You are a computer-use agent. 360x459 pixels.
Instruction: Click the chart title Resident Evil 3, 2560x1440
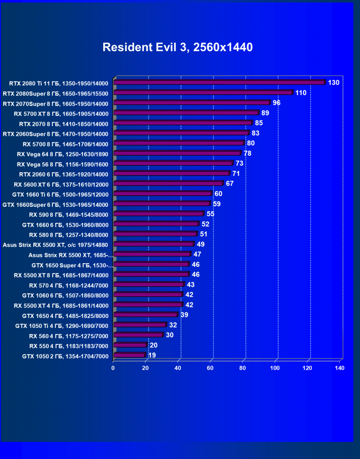pyautogui.click(x=178, y=47)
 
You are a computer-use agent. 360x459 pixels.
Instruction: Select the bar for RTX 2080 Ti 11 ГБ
pyautogui.click(x=219, y=83)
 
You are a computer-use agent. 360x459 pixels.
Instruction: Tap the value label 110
pyautogui.click(x=301, y=93)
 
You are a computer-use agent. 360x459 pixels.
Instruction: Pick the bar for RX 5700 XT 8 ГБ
pyautogui.click(x=186, y=113)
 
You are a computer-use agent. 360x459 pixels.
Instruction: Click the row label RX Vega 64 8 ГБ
pyautogui.click(x=63, y=154)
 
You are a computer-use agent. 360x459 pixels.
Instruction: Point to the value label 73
pyautogui.click(x=240, y=163)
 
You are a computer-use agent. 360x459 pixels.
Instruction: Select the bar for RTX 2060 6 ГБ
pyautogui.click(x=171, y=174)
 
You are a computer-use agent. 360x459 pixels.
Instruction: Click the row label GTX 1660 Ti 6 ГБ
pyautogui.click(x=61, y=194)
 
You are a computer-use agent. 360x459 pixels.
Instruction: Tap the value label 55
pyautogui.click(x=210, y=214)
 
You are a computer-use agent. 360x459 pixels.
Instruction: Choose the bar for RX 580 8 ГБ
pyautogui.click(x=155, y=234)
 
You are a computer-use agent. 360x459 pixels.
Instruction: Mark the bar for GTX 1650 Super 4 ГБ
pyautogui.click(x=152, y=265)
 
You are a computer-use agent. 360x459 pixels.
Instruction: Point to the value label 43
pyautogui.click(x=191, y=284)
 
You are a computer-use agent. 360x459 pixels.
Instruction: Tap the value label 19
pyautogui.click(x=152, y=355)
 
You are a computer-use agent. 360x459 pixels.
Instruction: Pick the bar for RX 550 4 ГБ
pyautogui.click(x=130, y=345)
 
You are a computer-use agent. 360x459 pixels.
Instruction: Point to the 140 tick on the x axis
pyautogui.click(x=339, y=368)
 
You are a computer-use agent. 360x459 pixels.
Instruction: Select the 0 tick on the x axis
pyautogui.click(x=113, y=368)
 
